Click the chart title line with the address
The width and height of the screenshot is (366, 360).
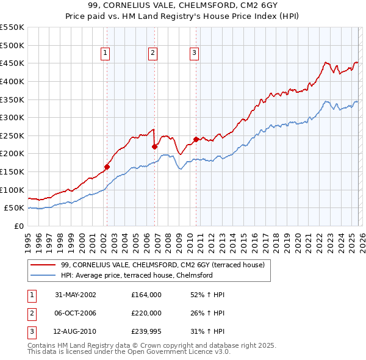click(183, 6)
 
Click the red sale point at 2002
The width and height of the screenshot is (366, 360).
click(107, 167)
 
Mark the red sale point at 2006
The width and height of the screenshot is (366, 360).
click(154, 146)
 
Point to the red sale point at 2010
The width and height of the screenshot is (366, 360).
click(196, 139)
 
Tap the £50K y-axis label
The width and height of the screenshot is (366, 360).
click(15, 208)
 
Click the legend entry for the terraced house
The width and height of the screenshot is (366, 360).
click(162, 265)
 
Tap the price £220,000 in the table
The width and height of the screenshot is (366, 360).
click(146, 314)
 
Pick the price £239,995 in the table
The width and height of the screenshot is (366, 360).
click(146, 333)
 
